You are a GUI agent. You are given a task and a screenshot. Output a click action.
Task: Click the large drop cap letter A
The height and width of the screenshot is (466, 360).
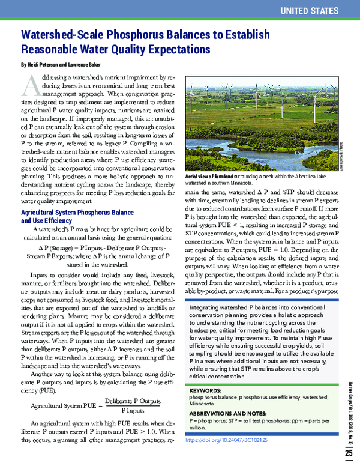tap(31, 86)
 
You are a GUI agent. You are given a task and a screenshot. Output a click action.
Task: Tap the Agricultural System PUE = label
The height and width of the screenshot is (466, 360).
tap(64, 405)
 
